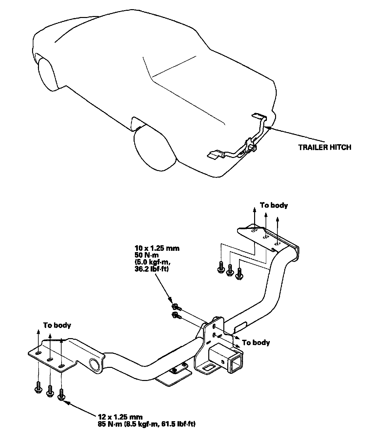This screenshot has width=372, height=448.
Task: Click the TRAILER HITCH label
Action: tap(324, 147)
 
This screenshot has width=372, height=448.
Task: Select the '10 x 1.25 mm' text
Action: tap(157, 248)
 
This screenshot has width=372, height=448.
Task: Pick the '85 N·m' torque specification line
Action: tap(147, 424)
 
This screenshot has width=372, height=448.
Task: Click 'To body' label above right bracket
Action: tap(274, 205)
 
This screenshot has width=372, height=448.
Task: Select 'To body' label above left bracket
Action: tap(57, 325)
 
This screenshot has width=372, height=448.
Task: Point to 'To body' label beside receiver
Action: tap(256, 342)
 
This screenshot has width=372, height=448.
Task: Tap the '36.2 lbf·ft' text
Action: tap(152, 269)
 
